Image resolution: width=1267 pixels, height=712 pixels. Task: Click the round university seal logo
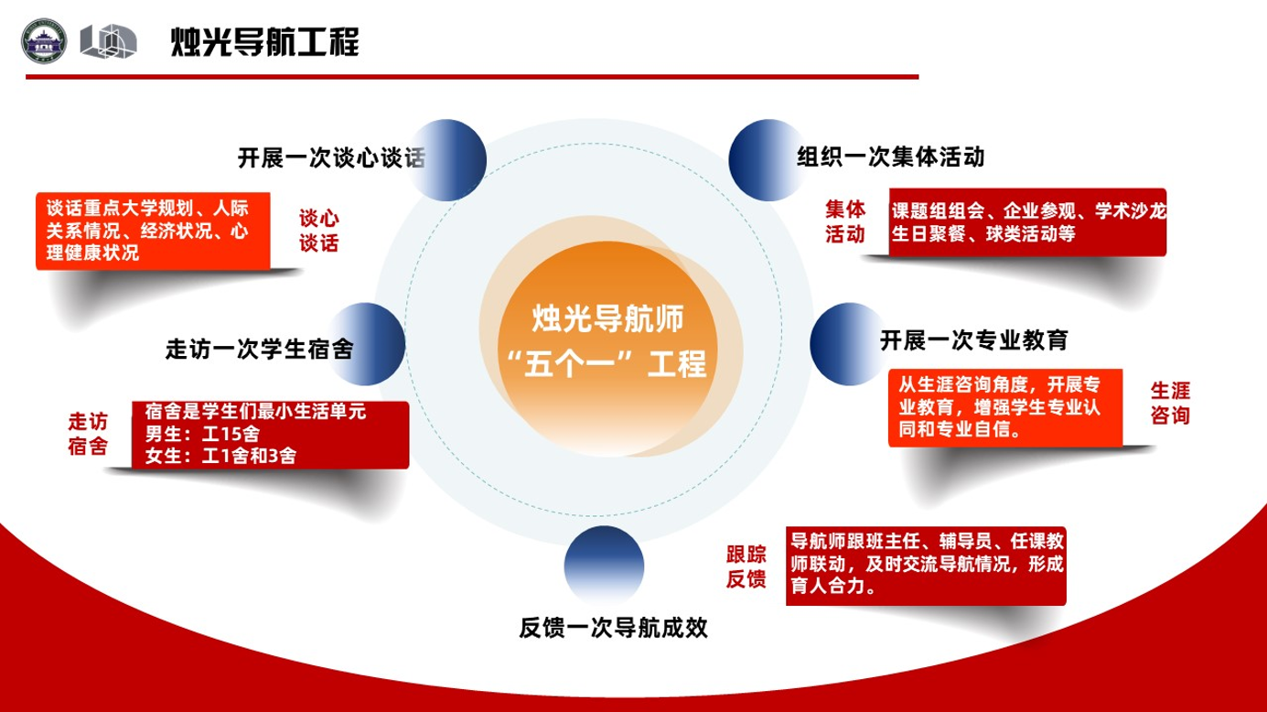pyautogui.click(x=44, y=41)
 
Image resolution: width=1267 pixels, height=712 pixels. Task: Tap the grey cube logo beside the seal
pyautogui.click(x=108, y=41)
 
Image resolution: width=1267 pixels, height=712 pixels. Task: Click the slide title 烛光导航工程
pyautogui.click(x=264, y=42)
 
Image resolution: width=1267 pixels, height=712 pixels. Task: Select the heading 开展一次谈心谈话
pyautogui.click(x=331, y=158)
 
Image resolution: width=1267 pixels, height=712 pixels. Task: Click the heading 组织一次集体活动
pyautogui.click(x=891, y=156)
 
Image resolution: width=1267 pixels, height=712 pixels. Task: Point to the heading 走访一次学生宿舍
pyautogui.click(x=260, y=349)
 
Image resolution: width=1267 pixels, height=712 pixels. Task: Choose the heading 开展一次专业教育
pyautogui.click(x=974, y=340)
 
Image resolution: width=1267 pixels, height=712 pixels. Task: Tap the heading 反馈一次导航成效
pyautogui.click(x=614, y=628)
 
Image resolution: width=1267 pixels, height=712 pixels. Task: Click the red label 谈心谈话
pyautogui.click(x=319, y=231)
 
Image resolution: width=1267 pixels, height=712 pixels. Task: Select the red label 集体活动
pyautogui.click(x=845, y=221)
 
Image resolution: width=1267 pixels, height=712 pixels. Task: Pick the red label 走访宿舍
pyautogui.click(x=88, y=434)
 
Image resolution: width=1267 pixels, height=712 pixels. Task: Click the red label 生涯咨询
pyautogui.click(x=1170, y=403)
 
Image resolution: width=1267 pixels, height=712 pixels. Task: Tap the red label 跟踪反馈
pyautogui.click(x=746, y=566)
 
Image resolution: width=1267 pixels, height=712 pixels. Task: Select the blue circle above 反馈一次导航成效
pyautogui.click(x=604, y=566)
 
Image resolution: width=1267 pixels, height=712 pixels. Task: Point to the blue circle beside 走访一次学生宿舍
pyautogui.click(x=365, y=344)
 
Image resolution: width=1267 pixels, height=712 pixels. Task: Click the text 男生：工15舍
pyautogui.click(x=202, y=434)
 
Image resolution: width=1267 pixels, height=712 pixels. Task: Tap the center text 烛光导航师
pyautogui.click(x=608, y=318)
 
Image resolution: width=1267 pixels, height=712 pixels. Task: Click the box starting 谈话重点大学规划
pyautogui.click(x=153, y=231)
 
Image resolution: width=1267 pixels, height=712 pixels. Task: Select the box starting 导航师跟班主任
pyautogui.click(x=926, y=566)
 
